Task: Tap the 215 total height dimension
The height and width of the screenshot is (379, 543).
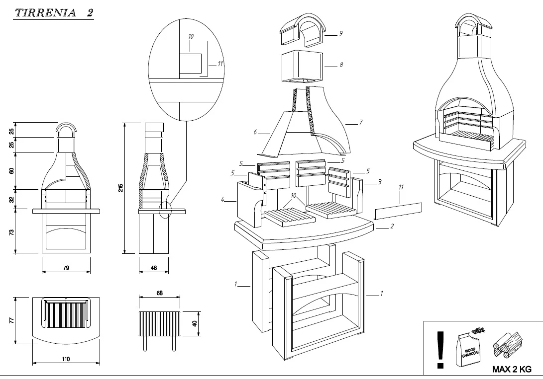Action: (x=121, y=188)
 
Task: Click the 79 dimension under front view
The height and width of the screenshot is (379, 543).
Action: (x=66, y=268)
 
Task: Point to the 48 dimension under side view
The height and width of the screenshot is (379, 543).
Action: (x=153, y=268)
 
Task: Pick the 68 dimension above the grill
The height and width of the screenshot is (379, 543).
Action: (x=159, y=293)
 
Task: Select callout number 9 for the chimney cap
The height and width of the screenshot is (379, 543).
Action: (x=341, y=33)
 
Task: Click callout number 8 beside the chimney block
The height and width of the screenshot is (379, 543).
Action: (x=341, y=64)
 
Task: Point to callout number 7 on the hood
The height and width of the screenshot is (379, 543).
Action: (x=361, y=122)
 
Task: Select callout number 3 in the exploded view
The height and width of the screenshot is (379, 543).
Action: (x=380, y=182)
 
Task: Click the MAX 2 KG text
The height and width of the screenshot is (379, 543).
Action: (x=511, y=369)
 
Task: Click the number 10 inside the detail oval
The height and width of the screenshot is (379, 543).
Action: (x=191, y=37)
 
